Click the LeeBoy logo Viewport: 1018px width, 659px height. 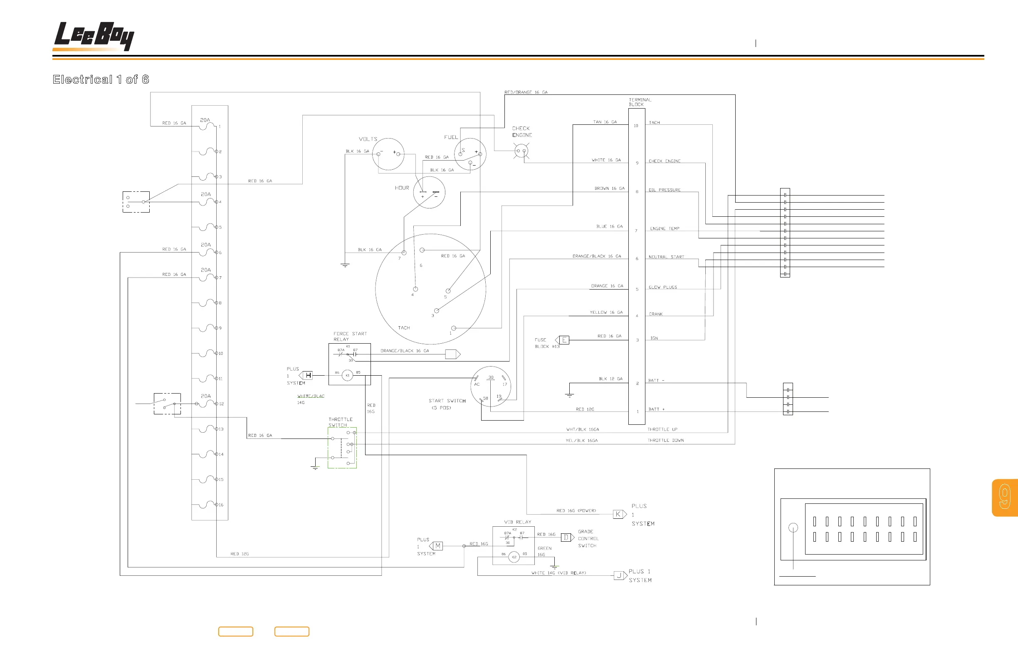tap(94, 36)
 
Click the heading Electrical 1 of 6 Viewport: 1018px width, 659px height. tap(101, 79)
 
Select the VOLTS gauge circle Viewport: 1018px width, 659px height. tap(388, 154)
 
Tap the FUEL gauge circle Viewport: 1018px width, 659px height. tap(469, 154)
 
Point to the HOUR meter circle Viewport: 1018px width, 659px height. tap(429, 193)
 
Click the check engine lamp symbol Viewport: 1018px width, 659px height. tap(521, 151)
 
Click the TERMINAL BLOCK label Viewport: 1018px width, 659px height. tap(640, 102)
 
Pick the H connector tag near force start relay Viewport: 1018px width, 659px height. tap(308, 375)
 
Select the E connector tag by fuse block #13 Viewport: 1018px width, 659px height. tap(564, 340)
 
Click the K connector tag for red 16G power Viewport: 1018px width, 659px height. tap(618, 514)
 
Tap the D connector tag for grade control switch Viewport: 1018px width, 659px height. tap(566, 537)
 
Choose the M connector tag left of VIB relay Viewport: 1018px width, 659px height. tap(437, 545)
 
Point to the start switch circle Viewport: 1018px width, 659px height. tap(491, 386)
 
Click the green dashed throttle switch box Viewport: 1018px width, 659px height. tap(342, 448)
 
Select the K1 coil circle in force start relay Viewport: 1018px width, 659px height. tap(347, 375)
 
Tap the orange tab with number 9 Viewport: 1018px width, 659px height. tap(1005, 497)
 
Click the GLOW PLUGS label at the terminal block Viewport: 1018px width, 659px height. tap(662, 287)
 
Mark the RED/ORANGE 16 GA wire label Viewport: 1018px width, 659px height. tap(526, 92)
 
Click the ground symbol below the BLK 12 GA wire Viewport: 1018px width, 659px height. tap(569, 395)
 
